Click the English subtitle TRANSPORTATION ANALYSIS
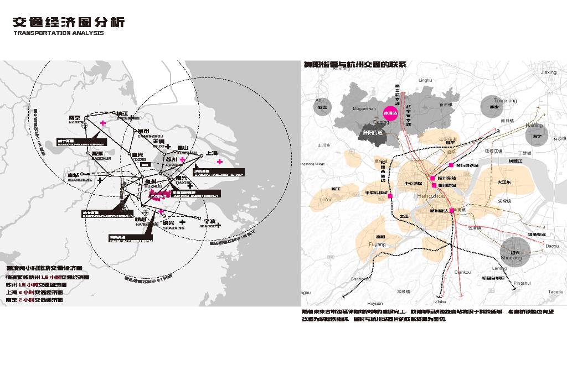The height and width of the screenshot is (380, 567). point(58,33)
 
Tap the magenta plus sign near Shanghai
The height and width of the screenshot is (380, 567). point(220,162)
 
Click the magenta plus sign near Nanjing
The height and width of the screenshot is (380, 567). point(103,122)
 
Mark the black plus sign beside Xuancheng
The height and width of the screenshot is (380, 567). point(100,180)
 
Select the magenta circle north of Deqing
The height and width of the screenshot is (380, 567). point(391,113)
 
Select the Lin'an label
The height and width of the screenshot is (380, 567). point(327,199)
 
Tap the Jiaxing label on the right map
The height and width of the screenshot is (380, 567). point(548,72)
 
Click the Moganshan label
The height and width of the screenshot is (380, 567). point(364,109)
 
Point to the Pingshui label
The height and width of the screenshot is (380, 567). point(522,283)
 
